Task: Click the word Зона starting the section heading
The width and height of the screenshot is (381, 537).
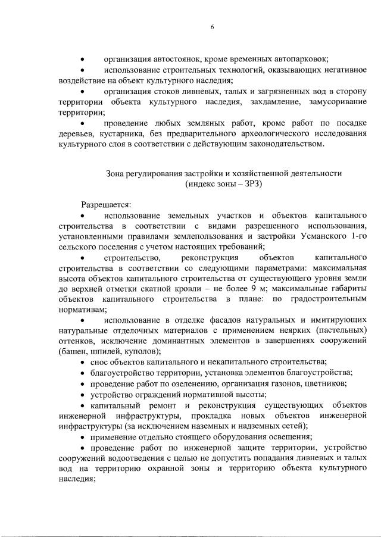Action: (116, 174)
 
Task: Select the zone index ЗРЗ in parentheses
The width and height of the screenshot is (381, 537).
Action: (250, 185)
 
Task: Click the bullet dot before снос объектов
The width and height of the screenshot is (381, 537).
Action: (83, 363)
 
